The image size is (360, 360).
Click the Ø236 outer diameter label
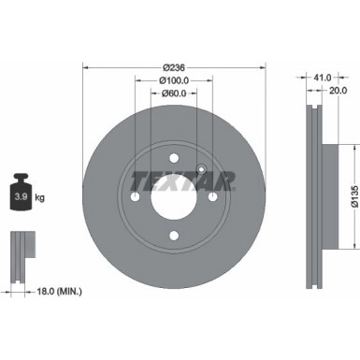172,66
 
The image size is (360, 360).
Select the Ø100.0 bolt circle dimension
172,79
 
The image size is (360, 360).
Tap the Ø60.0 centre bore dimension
172,93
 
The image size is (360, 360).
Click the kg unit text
40,197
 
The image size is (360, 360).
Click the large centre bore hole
172,197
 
